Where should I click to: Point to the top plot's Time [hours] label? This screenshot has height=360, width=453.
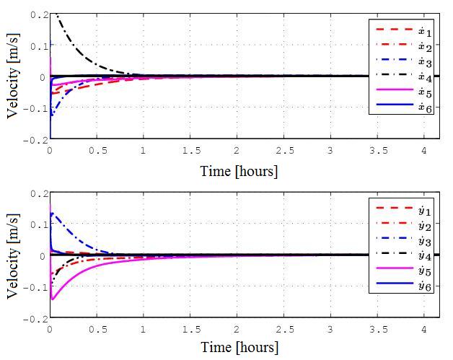click(239, 171)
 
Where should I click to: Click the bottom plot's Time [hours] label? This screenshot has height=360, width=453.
click(239, 347)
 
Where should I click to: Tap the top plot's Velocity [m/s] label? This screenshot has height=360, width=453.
click(12, 76)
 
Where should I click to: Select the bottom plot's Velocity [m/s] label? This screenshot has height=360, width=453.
click(12, 255)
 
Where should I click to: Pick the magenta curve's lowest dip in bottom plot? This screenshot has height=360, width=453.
click(52, 299)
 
